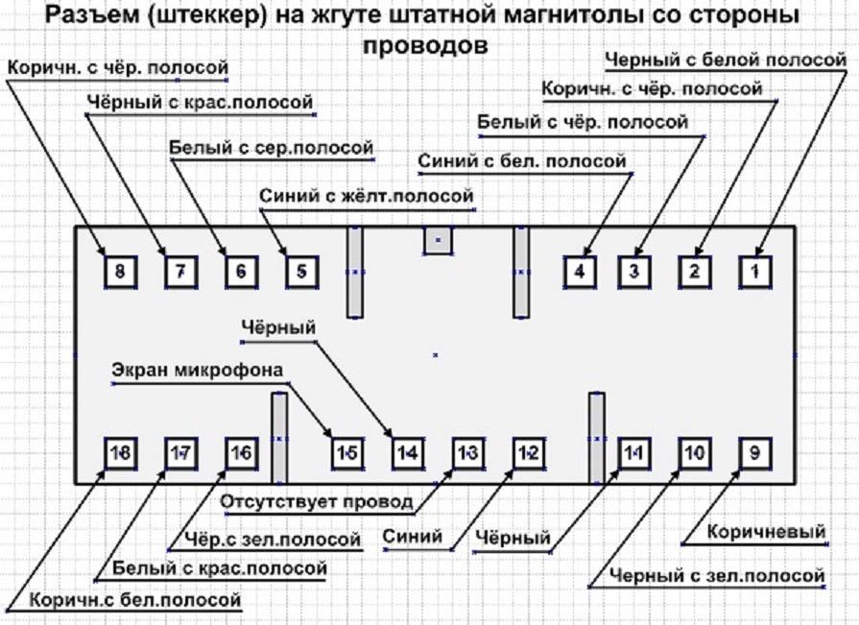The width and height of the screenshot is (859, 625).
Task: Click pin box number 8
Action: tap(119, 272)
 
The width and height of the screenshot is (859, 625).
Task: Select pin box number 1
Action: tap(755, 272)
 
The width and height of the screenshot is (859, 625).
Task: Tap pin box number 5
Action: tap(300, 272)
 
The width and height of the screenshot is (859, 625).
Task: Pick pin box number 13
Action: tap(467, 452)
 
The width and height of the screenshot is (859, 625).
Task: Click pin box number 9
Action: tap(755, 452)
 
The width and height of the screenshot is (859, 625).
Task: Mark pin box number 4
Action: tap(579, 272)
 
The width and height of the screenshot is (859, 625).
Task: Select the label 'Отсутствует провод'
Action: tap(317, 501)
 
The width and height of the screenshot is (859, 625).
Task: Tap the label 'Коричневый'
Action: tap(766, 532)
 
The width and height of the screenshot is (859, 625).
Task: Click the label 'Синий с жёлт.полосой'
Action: tap(366, 196)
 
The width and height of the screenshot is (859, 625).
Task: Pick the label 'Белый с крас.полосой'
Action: tap(219, 568)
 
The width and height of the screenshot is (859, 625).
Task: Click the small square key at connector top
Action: tap(438, 240)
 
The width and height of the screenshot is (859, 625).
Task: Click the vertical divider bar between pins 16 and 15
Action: tap(279, 437)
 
